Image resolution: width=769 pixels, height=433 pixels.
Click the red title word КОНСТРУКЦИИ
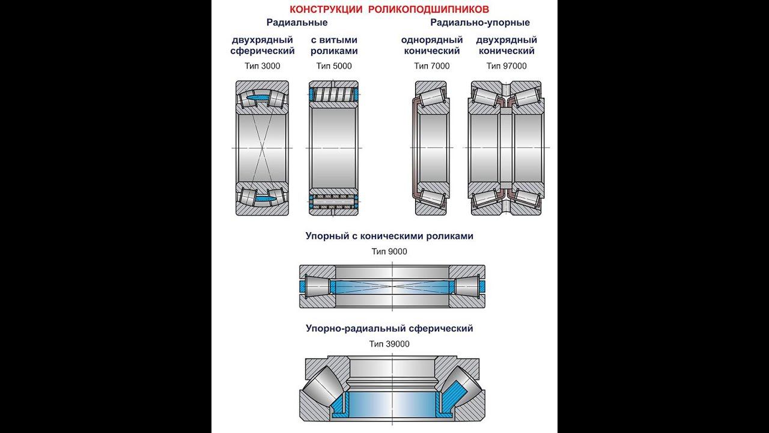click(x=326, y=10)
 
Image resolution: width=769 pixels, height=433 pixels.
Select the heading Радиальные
click(x=297, y=23)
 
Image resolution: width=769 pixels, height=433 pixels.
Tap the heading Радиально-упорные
click(x=479, y=23)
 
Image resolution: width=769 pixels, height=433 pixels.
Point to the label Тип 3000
click(x=263, y=66)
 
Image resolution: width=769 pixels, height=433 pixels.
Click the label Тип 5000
click(x=334, y=66)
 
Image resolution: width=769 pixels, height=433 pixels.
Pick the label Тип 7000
click(x=431, y=66)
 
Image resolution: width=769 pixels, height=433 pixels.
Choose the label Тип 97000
click(x=506, y=66)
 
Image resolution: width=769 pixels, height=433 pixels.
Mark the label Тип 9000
click(x=389, y=251)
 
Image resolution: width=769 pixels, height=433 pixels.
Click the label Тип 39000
click(x=389, y=344)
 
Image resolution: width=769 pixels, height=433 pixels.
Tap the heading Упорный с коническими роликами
click(x=389, y=236)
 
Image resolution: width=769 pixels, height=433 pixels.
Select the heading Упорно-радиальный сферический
click(x=389, y=329)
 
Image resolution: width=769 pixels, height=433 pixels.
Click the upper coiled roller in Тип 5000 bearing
click(x=333, y=95)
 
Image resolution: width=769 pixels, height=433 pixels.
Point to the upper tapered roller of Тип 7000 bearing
click(x=431, y=97)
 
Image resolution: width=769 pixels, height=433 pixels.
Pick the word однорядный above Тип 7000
click(x=431, y=40)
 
